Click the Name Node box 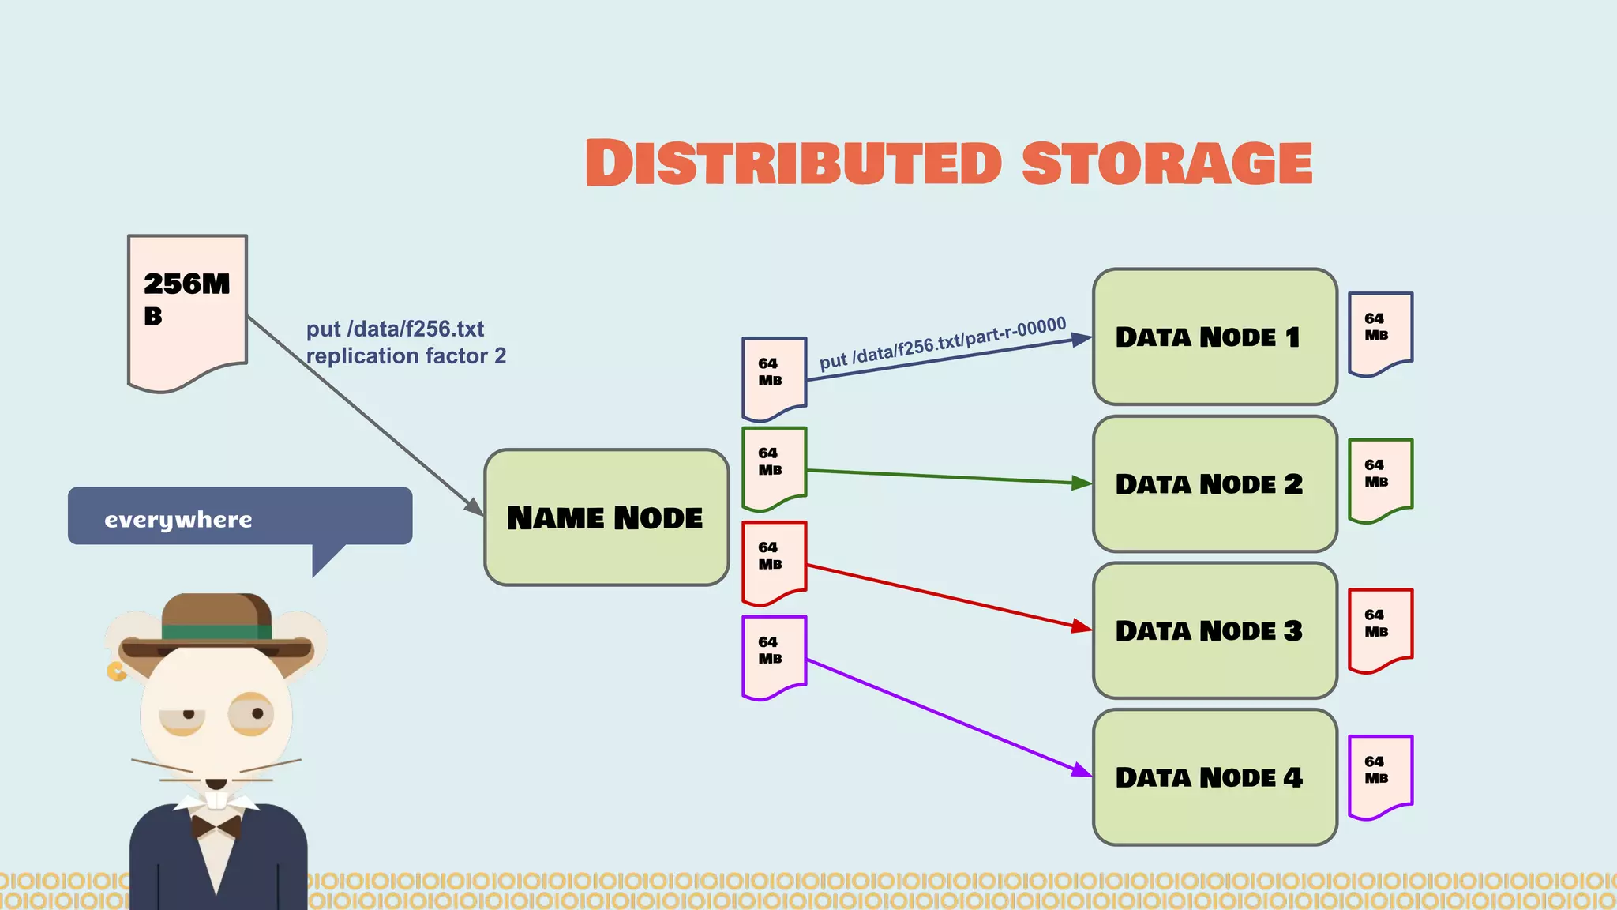pyautogui.click(x=606, y=517)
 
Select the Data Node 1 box pyautogui.click(x=1214, y=337)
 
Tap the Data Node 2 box pyautogui.click(x=1214, y=483)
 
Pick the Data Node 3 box pyautogui.click(x=1214, y=630)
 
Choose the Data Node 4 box pyautogui.click(x=1214, y=777)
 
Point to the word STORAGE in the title pyautogui.click(x=1166, y=164)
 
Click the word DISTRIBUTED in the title pyautogui.click(x=793, y=164)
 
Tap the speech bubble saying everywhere pyautogui.click(x=239, y=517)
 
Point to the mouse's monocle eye pyautogui.click(x=252, y=714)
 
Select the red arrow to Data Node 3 pyautogui.click(x=947, y=596)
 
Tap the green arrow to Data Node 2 pyautogui.click(x=947, y=476)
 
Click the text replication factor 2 pyautogui.click(x=406, y=356)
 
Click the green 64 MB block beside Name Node pyautogui.click(x=773, y=466)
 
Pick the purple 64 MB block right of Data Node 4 pyautogui.click(x=1379, y=774)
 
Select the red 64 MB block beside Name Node pyautogui.click(x=773, y=560)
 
